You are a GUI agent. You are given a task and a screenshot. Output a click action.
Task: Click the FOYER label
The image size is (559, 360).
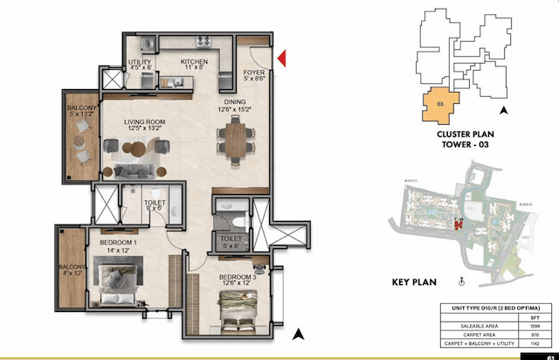(254, 74)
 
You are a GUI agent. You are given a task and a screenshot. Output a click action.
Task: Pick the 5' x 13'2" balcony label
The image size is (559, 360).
(79, 112)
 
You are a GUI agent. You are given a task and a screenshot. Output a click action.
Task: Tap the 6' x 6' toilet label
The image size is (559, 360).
(154, 205)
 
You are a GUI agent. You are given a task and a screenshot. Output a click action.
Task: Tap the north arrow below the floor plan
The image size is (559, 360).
(299, 333)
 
